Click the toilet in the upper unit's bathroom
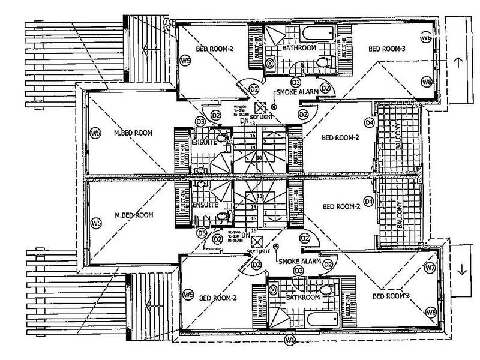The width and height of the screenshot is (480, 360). (322, 61)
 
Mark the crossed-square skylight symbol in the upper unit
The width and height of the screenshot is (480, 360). (260, 106)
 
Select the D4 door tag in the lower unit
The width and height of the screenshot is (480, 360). (370, 200)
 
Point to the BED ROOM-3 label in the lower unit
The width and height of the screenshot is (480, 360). (391, 296)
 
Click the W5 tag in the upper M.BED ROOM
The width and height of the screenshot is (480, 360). (94, 133)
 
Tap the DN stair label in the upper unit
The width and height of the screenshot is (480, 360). (244, 121)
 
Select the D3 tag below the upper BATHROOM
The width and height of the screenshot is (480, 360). (295, 82)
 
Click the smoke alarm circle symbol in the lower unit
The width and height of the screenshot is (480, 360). (276, 247)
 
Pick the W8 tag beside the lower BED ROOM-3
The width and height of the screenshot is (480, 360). (430, 312)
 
